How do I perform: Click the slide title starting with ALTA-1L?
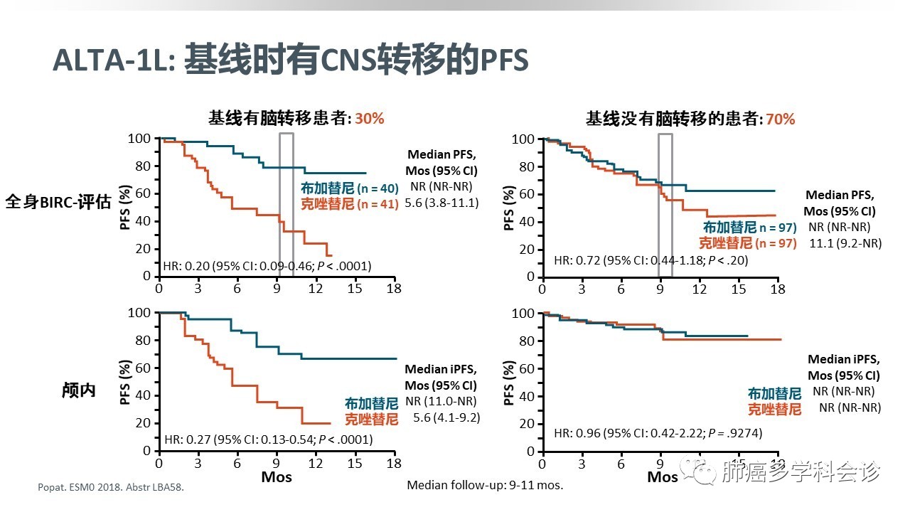tap(290, 61)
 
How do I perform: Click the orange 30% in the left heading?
tap(369, 119)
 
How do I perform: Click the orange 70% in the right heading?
tap(780, 119)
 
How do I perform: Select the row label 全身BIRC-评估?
tap(58, 202)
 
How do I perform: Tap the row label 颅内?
tap(80, 390)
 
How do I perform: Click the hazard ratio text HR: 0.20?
tap(267, 266)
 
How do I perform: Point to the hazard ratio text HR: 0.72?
tap(651, 260)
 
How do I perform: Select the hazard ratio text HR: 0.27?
tap(267, 439)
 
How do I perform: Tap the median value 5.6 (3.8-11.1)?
tap(441, 203)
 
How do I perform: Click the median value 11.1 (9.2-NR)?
tap(845, 242)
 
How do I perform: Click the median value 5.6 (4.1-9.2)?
tap(446, 417)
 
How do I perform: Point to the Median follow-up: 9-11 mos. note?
tap(484, 485)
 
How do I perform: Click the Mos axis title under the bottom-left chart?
tap(276, 476)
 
